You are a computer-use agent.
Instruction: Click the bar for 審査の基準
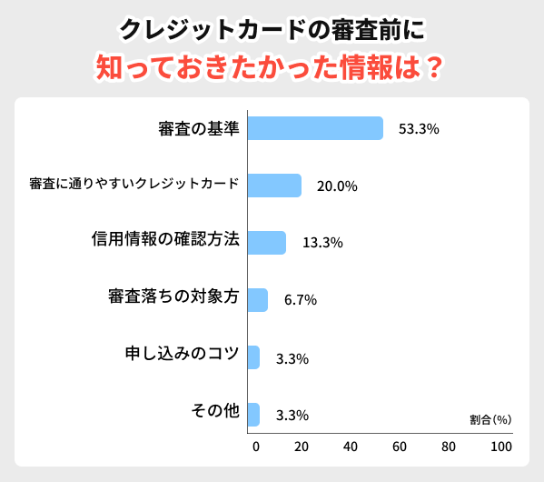tap(315, 128)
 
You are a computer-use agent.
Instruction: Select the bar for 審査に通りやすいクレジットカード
tap(274, 186)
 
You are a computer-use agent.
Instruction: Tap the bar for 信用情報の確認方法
tap(266, 243)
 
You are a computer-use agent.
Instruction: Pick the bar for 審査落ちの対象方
tap(258, 300)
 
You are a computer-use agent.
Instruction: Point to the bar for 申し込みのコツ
tap(253, 357)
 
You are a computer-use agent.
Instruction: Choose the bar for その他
tap(253, 415)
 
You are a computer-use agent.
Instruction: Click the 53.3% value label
tap(419, 129)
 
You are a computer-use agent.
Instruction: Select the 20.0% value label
tap(337, 186)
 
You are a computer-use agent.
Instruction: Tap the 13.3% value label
tap(321, 243)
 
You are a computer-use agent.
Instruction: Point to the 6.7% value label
tap(300, 301)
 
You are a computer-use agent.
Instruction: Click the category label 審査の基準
tap(198, 128)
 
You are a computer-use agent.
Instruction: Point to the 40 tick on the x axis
tap(351, 447)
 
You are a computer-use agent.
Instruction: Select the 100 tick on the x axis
tap(500, 447)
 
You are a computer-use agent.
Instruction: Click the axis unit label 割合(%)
tap(490, 420)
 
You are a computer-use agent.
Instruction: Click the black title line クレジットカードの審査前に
tap(272, 29)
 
